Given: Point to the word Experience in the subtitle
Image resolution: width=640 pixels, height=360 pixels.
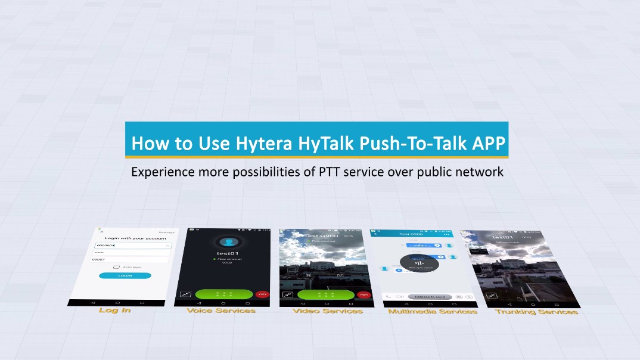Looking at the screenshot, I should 161,172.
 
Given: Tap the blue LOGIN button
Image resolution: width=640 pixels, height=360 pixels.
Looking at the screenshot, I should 125,275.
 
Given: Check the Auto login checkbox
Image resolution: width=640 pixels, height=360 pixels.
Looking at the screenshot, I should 116,267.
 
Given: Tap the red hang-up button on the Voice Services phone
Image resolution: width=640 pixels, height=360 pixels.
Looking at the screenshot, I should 261,294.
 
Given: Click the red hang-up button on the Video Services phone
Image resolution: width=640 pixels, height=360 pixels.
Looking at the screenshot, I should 364,295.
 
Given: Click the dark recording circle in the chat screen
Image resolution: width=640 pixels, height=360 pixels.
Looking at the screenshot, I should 420,263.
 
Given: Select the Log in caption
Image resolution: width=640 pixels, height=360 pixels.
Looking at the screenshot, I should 114,310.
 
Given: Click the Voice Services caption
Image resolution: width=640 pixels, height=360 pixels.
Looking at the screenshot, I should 220,311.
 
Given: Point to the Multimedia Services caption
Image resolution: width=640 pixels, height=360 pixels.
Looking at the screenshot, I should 432,311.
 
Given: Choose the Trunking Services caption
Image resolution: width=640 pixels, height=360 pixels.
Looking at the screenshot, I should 536,312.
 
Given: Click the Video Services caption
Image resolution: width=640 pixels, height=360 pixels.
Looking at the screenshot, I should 327,311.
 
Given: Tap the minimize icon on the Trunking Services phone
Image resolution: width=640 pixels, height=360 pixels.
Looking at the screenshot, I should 492,296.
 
